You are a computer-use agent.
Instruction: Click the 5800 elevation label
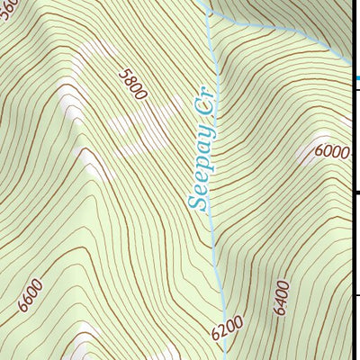(x=131, y=83)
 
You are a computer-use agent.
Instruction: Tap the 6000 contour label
(x=332, y=151)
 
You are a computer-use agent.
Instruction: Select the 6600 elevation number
(x=30, y=296)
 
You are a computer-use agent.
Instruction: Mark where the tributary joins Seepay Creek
(x=209, y=13)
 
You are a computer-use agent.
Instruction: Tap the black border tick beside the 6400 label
(x=355, y=294)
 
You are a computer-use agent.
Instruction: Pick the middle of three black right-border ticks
(x=355, y=192)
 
